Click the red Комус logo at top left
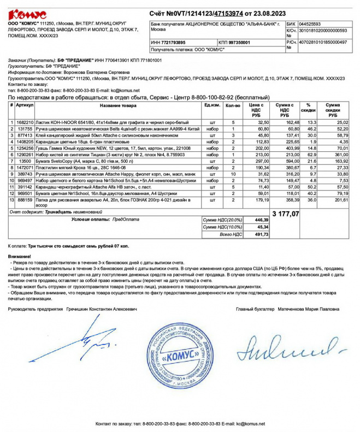pyautogui.click(x=27, y=14)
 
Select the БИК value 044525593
pyautogui.click(x=311, y=25)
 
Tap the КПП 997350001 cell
pyautogui.click(x=235, y=42)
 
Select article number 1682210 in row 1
pyautogui.click(x=25, y=122)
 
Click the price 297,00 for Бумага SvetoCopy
pyautogui.click(x=263, y=162)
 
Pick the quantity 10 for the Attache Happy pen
pyautogui.click(x=233, y=174)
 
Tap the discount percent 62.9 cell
pyautogui.click(x=312, y=155)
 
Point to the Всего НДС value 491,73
pyautogui.click(x=262, y=234)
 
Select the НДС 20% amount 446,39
pyautogui.click(x=262, y=220)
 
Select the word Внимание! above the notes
pyautogui.click(x=20, y=256)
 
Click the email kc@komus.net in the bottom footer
pyautogui.click(x=246, y=424)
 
